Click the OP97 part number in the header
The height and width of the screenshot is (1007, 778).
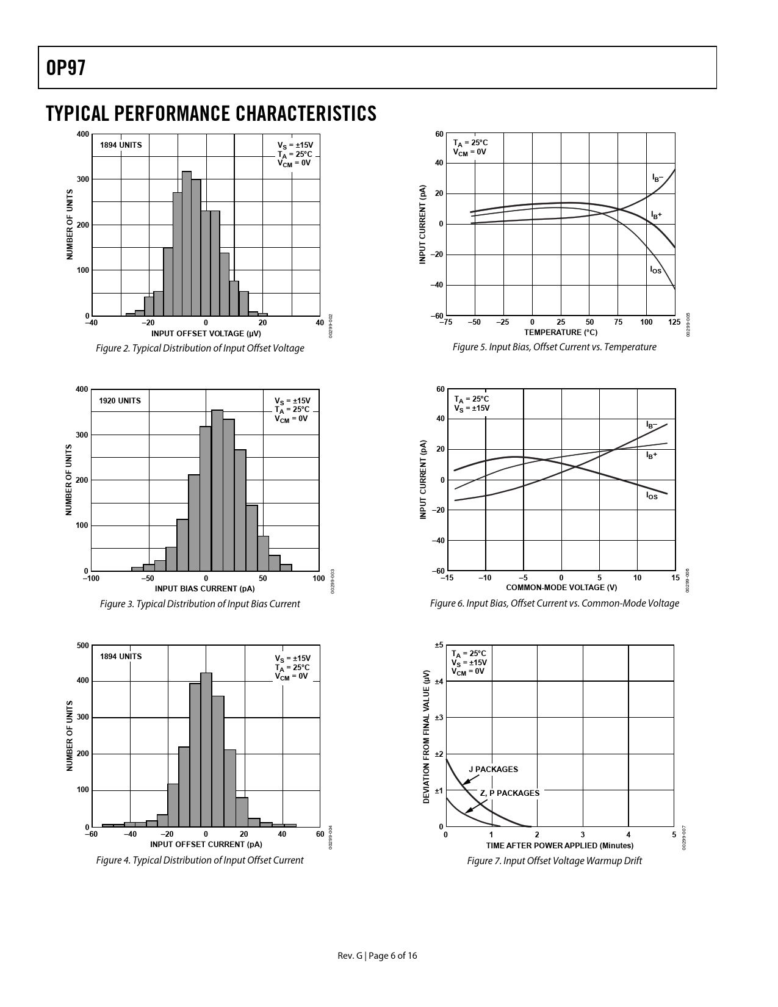pos(65,68)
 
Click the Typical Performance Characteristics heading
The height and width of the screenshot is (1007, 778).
pos(211,114)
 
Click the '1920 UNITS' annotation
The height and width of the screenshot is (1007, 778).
pos(120,401)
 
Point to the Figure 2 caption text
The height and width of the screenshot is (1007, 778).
pos(200,348)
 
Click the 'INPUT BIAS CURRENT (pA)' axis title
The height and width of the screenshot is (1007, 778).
pos(204,589)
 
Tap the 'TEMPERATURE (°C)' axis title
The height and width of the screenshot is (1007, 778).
pos(560,333)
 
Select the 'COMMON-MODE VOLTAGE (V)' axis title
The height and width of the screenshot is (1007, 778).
pos(561,588)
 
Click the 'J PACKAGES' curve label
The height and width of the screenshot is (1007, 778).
pos(493,770)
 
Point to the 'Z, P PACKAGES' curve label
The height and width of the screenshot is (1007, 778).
pos(510,793)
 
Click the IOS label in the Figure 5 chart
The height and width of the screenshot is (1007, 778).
pos(655,270)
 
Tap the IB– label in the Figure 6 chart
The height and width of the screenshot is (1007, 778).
pos(652,425)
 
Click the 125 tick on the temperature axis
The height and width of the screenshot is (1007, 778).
pos(674,322)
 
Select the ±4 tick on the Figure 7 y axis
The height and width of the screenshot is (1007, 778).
pos(439,681)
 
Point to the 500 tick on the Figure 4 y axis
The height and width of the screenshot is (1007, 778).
pos(82,645)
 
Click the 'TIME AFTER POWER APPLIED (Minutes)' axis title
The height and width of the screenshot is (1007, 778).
pos(560,846)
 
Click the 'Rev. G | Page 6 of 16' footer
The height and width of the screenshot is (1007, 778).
pos(378,956)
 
